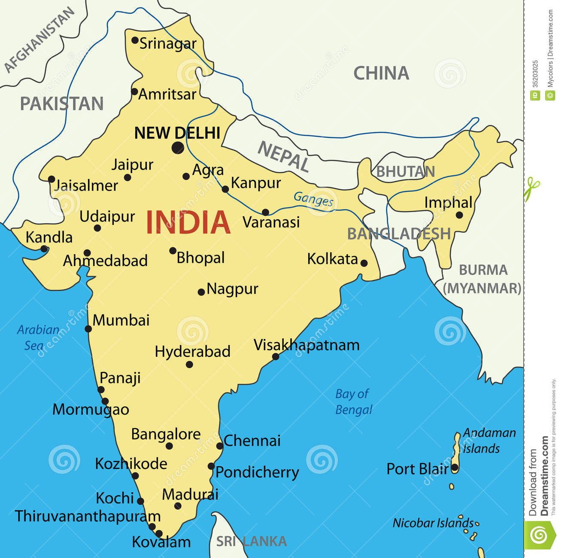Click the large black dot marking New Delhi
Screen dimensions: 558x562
click(178, 148)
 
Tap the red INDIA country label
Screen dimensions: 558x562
click(188, 222)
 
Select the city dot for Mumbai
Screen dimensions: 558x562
click(88, 329)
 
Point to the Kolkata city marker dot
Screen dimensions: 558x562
click(364, 263)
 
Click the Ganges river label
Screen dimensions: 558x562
click(313, 199)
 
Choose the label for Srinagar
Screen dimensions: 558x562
click(167, 43)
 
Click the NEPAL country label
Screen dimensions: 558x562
click(283, 157)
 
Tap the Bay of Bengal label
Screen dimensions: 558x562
click(353, 401)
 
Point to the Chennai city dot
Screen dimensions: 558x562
click(220, 446)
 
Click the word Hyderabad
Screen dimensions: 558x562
click(192, 352)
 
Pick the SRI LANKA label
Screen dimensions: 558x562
click(251, 541)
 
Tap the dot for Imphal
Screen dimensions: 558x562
click(459, 215)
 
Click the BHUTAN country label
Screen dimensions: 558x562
click(405, 172)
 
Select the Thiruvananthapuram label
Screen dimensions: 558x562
click(88, 516)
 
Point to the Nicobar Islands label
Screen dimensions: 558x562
click(433, 523)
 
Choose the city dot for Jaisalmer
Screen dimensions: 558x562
click(52, 179)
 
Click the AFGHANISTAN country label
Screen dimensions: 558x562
click(39, 40)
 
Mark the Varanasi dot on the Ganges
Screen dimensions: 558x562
click(265, 212)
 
